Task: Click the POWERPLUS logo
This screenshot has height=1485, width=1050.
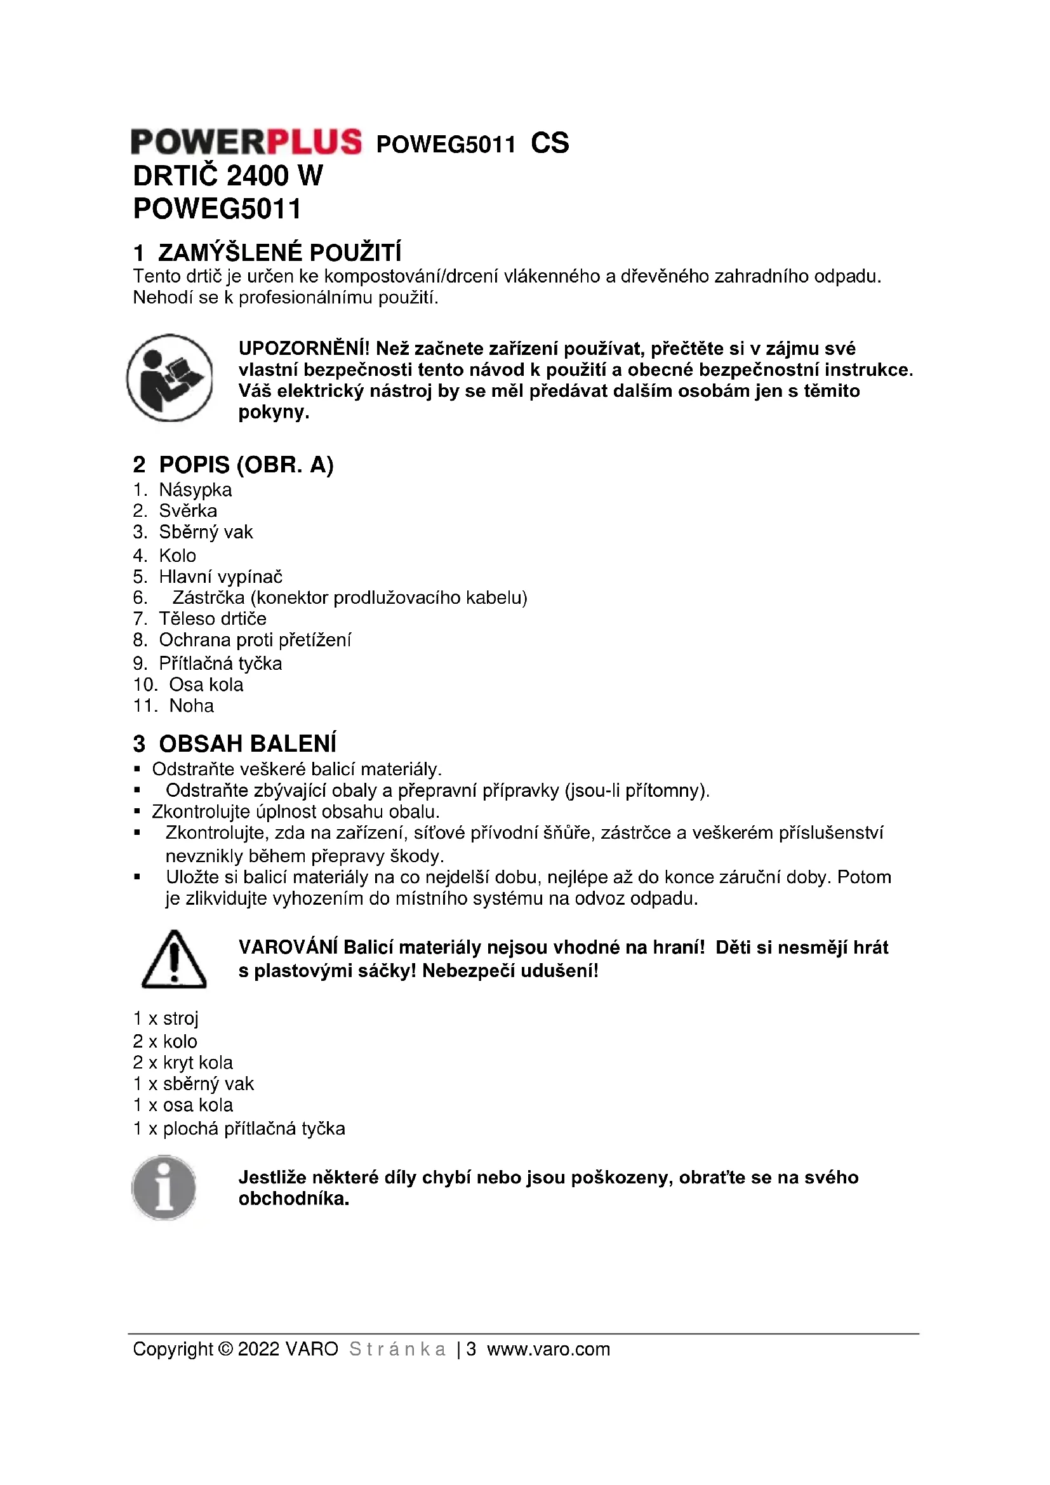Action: [x=246, y=142]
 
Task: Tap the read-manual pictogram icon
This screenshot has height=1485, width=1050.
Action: [x=169, y=378]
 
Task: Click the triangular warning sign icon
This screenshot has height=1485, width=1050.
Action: [x=173, y=960]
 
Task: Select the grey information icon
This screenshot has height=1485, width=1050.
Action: [x=164, y=1187]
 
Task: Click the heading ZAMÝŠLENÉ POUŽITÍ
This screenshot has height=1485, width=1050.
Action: [x=279, y=252]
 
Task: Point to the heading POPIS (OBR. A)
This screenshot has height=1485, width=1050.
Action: [x=246, y=464]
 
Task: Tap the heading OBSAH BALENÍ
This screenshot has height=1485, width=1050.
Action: [x=247, y=744]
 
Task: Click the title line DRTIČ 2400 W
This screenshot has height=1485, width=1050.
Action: [x=228, y=176]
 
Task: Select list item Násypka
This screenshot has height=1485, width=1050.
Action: [x=195, y=489]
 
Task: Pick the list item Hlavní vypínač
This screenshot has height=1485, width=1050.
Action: [x=220, y=576]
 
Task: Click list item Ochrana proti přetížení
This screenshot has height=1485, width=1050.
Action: [x=255, y=640]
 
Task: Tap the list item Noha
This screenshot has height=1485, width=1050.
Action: [x=191, y=705]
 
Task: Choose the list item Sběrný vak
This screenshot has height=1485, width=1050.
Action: [x=206, y=531]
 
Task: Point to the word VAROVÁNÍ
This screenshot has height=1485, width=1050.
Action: [x=288, y=947]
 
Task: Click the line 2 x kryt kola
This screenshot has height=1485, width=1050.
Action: [x=183, y=1062]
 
